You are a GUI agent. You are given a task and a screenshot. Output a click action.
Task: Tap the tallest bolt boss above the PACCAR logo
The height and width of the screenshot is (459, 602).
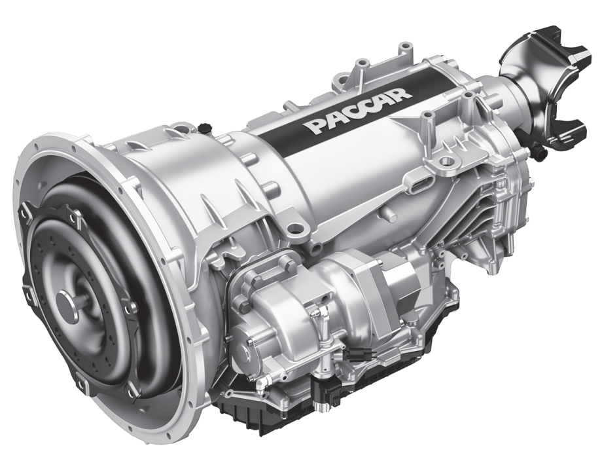[x=358, y=66]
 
